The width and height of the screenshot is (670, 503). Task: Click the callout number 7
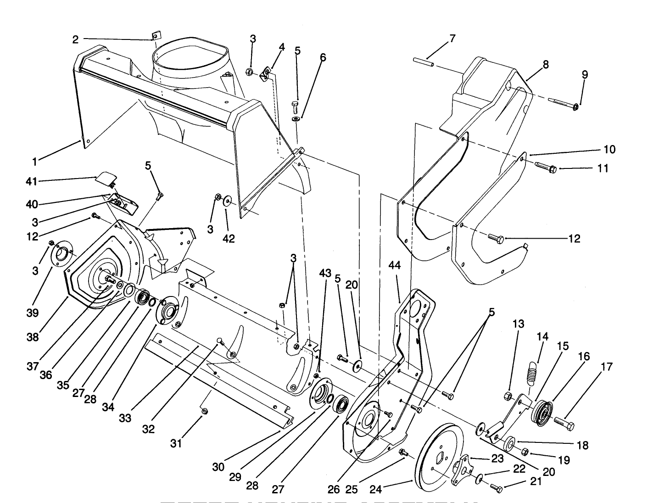(x=452, y=39)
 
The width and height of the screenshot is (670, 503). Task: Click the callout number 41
(x=31, y=182)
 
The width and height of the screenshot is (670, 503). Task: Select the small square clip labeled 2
(x=156, y=35)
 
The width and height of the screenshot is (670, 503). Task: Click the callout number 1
(x=34, y=162)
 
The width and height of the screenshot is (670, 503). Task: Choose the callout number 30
(x=218, y=467)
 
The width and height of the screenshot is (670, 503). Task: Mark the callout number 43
(x=325, y=273)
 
